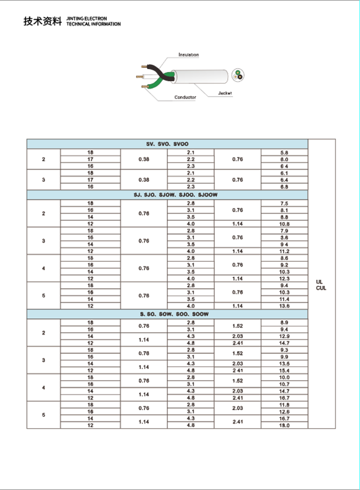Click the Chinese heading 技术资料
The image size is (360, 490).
tap(42, 22)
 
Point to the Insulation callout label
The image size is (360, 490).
tap(188, 55)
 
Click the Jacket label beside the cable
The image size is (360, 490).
tap(225, 94)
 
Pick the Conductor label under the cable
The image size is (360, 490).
tap(185, 97)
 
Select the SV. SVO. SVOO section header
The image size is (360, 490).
tap(167, 145)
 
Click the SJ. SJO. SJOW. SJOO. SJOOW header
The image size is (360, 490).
tap(167, 196)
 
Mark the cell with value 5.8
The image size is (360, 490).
tap(284, 153)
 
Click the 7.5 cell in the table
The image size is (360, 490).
tap(284, 204)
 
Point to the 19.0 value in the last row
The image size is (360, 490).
tap(284, 425)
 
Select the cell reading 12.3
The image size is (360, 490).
tap(284, 279)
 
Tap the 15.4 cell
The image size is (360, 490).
tap(284, 371)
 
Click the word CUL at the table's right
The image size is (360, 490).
tap(321, 288)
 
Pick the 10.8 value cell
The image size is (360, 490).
tap(284, 224)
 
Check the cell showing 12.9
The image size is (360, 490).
tap(284, 336)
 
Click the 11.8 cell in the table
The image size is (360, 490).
tap(284, 405)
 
